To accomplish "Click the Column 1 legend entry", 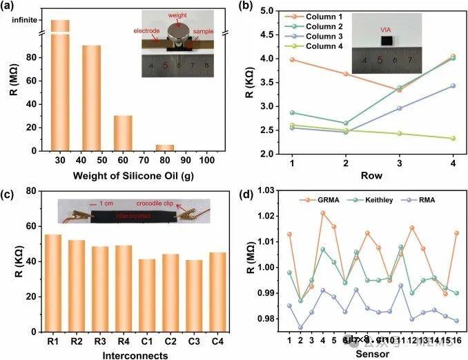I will coord(304,15).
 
